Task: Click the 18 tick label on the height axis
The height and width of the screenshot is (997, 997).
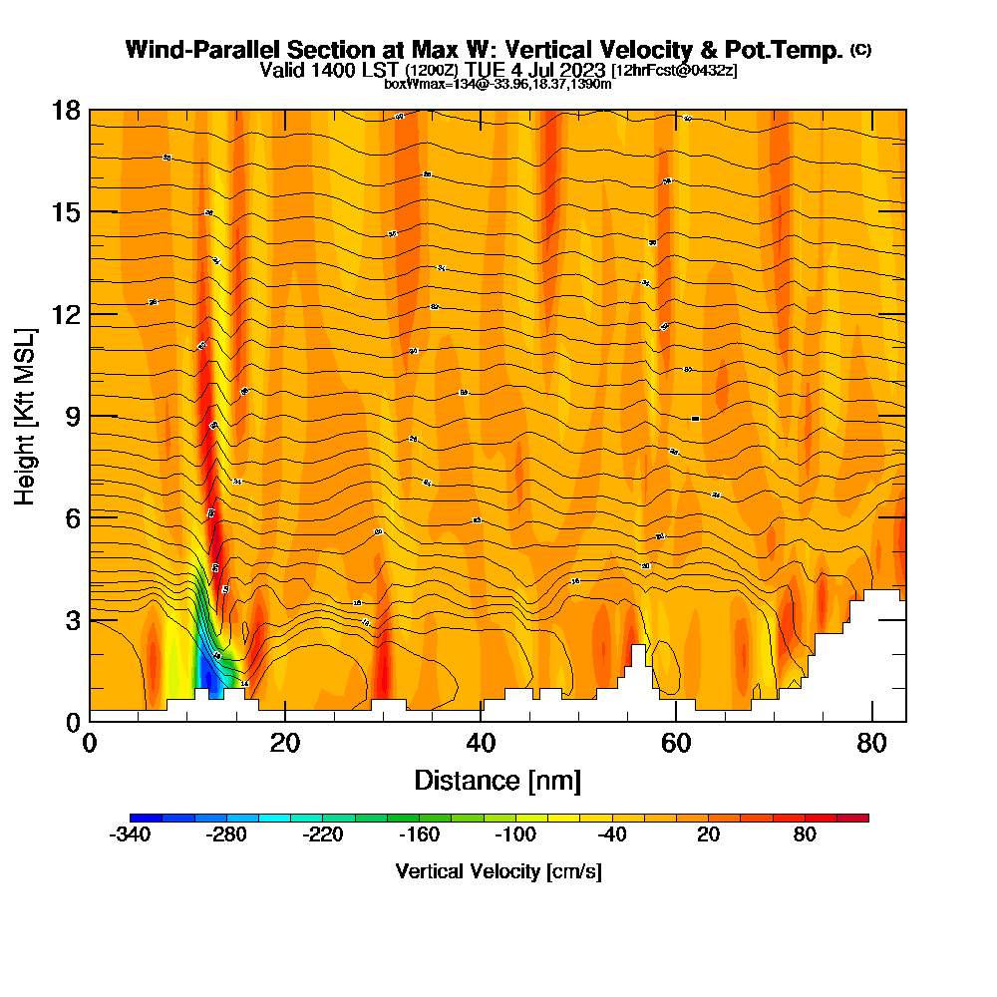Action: point(66,111)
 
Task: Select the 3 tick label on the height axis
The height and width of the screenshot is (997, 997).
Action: point(72,620)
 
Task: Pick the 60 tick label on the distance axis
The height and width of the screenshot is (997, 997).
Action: point(676,743)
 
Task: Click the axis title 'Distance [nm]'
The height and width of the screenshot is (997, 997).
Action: point(498,780)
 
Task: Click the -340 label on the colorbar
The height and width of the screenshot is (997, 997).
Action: point(130,835)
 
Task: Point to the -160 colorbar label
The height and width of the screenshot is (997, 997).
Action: point(419,835)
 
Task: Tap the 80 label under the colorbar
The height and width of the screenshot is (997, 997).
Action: point(805,835)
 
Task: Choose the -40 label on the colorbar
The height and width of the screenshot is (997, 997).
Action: point(612,835)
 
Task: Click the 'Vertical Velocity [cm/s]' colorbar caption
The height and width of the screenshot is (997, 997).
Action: point(498,871)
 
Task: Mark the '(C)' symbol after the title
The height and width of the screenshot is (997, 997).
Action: point(860,50)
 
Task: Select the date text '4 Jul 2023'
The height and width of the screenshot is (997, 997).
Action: point(555,70)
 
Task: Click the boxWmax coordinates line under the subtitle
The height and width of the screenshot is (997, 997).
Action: point(498,84)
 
